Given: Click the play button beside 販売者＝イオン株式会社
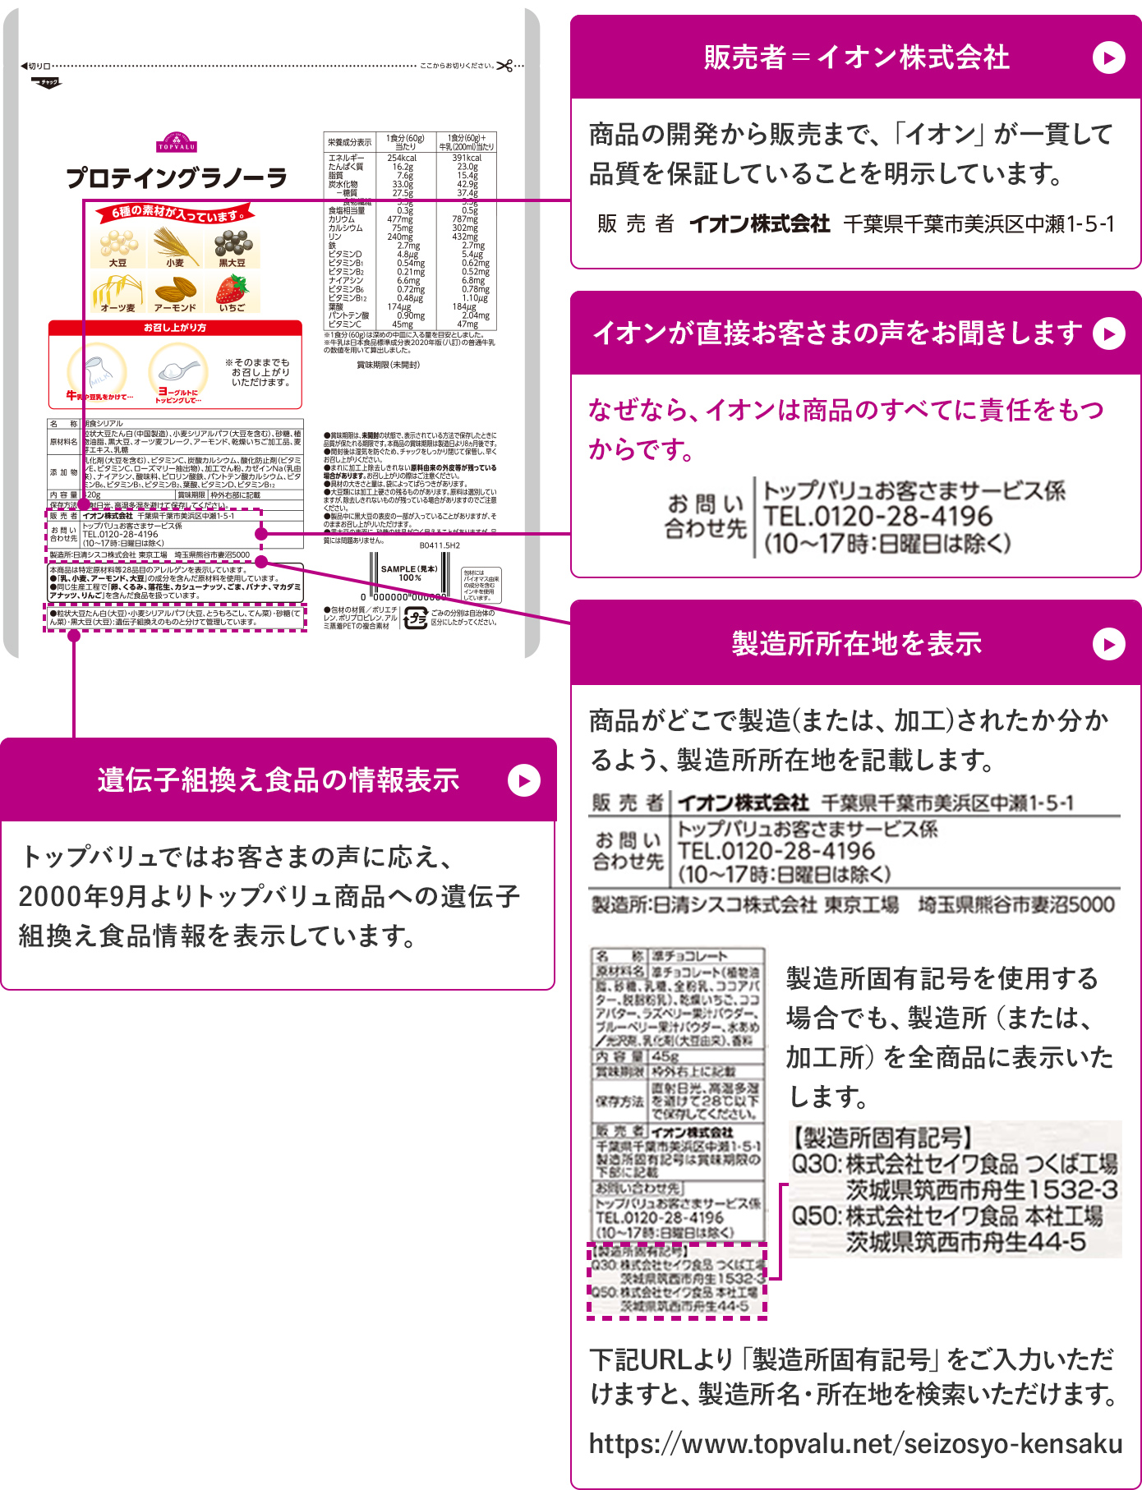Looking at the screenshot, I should coord(1108,58).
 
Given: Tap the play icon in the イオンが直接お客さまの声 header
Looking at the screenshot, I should coord(1108,334).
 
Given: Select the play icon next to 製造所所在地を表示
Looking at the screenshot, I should coord(1108,644).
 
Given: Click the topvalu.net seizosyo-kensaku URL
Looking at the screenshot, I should coord(855,1444).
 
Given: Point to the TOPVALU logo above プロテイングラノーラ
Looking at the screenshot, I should coord(177,143).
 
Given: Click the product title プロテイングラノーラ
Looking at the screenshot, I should coord(177,177).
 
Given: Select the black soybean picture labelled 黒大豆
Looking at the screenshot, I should coord(233,244).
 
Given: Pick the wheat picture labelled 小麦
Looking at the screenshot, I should coord(175,244).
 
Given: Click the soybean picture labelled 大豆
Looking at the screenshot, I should coord(118,244).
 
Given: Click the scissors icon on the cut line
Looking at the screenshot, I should coord(504,66).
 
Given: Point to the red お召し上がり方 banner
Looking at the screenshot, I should coord(175,328).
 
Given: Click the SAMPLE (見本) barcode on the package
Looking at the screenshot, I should coord(408,583).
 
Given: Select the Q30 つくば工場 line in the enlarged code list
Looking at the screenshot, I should coord(953,1164).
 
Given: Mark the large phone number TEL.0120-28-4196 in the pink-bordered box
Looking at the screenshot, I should coord(877,517).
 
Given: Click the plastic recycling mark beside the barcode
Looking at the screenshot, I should coord(416,619).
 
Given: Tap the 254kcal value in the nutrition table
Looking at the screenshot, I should coord(402,158).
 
